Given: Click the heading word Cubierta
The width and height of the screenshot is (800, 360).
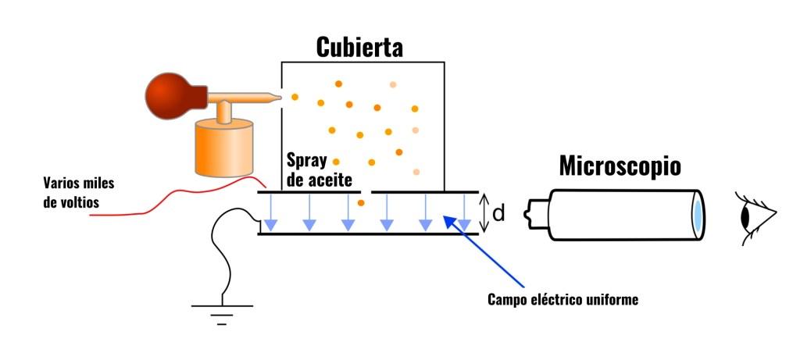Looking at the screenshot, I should coord(359,47).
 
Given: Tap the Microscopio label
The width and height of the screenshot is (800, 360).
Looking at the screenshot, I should coord(620,166).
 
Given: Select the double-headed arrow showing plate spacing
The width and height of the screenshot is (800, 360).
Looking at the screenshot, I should coord(484,212).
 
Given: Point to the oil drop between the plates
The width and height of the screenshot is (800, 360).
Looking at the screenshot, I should coord(361,204).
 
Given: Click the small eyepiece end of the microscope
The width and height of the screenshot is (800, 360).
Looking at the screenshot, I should coord(534,212).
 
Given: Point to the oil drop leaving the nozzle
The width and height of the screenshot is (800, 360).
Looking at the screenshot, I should coord(295,97).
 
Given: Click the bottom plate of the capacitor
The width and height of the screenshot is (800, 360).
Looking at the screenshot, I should coord(367,233).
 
